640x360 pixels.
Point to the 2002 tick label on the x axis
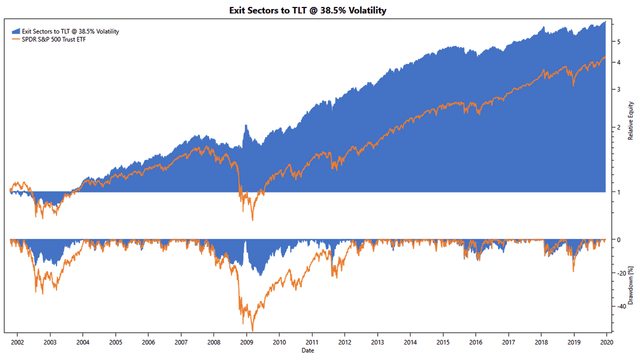click(17, 342)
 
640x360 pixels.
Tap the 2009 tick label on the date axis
click(246, 342)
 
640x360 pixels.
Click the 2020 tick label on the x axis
click(606, 342)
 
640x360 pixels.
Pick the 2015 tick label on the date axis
click(443, 342)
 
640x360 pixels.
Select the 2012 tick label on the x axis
click(345, 342)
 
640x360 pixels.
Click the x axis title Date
click(307, 350)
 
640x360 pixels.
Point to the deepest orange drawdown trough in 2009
click(252, 330)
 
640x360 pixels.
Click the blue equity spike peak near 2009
click(246, 125)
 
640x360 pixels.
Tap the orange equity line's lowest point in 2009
click(252, 220)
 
